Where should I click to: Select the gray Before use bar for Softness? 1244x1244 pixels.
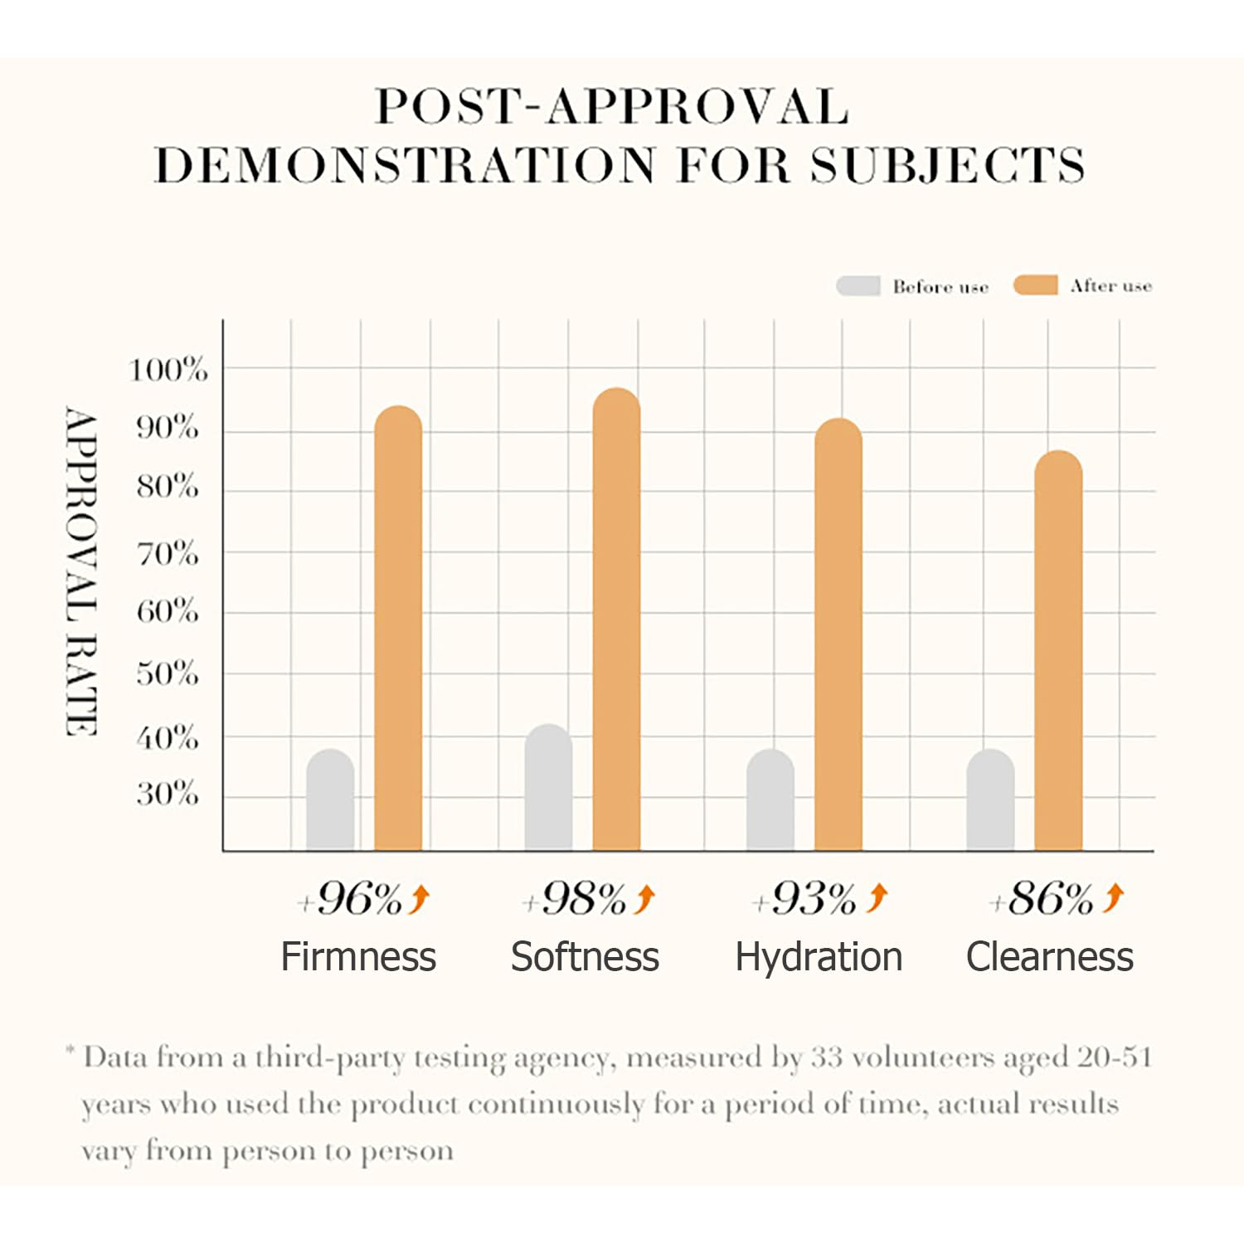[548, 787]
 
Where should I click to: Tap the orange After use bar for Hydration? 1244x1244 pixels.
[838, 634]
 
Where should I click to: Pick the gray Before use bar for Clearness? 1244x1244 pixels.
[990, 799]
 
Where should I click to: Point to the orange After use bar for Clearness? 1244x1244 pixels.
[1058, 650]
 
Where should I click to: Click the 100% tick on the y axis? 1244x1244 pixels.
[168, 369]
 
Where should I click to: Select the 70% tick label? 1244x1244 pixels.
[168, 553]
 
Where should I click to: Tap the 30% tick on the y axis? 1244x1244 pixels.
[168, 795]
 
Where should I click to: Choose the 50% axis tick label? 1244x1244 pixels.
[168, 673]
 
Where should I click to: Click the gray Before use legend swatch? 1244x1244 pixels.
[858, 286]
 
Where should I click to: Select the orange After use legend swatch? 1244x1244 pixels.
[1035, 285]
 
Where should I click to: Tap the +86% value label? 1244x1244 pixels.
[1042, 899]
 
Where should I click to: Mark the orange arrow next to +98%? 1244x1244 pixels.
[645, 898]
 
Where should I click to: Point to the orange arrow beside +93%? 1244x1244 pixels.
[877, 897]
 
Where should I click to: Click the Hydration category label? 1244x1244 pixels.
[819, 957]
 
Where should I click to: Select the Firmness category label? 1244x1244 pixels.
[358, 957]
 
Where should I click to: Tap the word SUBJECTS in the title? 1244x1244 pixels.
[948, 164]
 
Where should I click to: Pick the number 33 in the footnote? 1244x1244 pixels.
[826, 1057]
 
